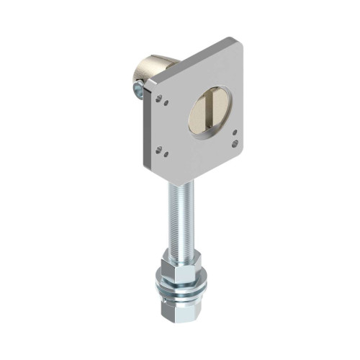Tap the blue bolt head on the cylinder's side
[136, 89]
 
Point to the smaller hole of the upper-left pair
[166, 102]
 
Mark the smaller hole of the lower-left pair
[166, 153]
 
